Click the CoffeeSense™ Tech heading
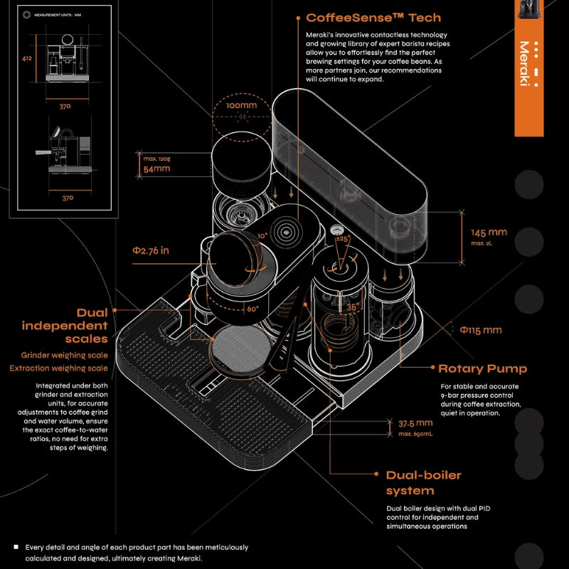coord(373,18)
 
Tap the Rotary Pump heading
coord(483,368)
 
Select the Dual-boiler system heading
coord(424,483)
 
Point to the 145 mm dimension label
coord(489,233)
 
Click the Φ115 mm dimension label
coord(480,330)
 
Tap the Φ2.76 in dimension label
coord(151,250)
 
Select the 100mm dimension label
coord(241,106)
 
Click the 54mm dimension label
coord(156,169)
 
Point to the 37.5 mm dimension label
coord(415,422)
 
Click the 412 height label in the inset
coord(27,60)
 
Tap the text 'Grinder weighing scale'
coord(64,355)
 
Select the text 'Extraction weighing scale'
coord(59,368)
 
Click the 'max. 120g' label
coord(156,158)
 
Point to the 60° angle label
coord(252,309)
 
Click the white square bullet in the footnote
coord(16,547)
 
